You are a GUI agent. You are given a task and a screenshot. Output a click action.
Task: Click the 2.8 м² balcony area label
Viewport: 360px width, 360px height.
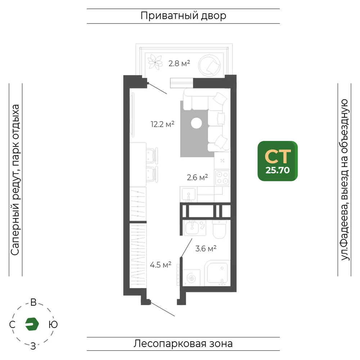click(x=179, y=63)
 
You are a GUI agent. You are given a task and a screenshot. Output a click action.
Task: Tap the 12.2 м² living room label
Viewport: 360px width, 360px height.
click(x=162, y=124)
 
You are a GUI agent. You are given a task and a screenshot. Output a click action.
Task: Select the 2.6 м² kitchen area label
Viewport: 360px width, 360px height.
click(x=197, y=177)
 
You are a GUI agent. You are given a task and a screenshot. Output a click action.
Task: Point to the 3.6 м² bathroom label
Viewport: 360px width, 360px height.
click(x=206, y=248)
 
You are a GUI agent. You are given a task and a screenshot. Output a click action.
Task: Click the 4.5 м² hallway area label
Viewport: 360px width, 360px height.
click(x=161, y=265)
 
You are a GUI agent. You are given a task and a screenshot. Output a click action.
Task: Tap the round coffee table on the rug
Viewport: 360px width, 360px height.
click(x=196, y=123)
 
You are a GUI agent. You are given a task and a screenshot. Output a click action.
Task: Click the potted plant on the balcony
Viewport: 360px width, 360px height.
click(x=155, y=62)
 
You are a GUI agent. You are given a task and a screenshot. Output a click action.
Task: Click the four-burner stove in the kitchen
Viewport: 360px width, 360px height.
click(x=222, y=178)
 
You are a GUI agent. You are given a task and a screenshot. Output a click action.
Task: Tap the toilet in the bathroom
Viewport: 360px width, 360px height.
click(x=219, y=229)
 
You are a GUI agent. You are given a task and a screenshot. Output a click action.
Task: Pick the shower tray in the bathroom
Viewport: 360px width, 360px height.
click(x=217, y=273)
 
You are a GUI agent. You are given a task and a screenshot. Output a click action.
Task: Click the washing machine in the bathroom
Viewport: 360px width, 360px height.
click(x=192, y=278)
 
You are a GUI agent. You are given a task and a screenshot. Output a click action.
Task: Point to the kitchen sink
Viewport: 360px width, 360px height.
click(x=189, y=194)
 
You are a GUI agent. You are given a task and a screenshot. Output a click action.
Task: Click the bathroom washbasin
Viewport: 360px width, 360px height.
click(x=192, y=227)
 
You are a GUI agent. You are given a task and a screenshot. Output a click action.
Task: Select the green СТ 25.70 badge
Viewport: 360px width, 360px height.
click(x=278, y=161)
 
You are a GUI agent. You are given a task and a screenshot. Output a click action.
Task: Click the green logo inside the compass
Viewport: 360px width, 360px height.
click(x=32, y=324)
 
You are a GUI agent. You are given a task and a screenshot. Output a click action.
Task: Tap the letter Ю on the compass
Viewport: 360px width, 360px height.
click(x=53, y=324)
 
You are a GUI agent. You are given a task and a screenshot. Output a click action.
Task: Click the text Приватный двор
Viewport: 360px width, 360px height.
click(x=183, y=16)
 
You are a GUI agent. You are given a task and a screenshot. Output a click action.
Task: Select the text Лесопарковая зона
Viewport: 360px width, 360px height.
click(x=183, y=344)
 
